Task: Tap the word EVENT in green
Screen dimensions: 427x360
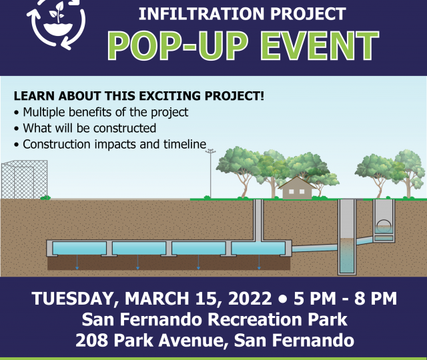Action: tap(320, 46)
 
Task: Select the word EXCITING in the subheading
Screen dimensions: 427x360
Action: tap(171, 96)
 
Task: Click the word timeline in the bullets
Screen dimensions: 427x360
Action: tap(185, 144)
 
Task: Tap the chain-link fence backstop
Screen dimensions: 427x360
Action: tap(24, 179)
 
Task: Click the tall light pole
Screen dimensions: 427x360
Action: tap(211, 173)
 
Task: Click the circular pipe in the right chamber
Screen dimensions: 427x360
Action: tap(384, 225)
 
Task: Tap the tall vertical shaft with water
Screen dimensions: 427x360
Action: tap(347, 237)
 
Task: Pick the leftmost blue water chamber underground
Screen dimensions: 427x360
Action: tap(79, 248)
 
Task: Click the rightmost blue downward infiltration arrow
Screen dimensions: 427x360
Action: tap(259, 262)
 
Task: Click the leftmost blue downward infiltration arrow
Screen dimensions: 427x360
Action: tap(77, 262)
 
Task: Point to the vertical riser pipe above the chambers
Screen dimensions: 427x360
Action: tap(258, 220)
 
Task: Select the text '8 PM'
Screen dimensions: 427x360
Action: tap(375, 298)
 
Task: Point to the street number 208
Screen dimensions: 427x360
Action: tap(91, 340)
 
